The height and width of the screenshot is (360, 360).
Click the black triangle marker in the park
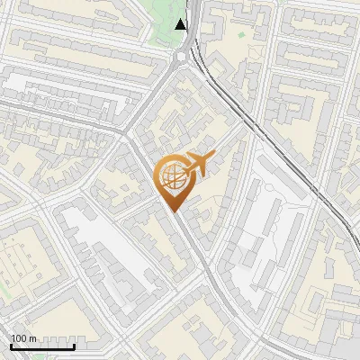(x=183, y=24)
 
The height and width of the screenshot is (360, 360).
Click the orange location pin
(x=174, y=181)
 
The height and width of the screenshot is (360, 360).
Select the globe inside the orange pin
(x=172, y=176)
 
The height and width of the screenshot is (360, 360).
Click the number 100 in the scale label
(x=19, y=338)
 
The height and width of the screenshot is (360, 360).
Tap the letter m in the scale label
(x=32, y=338)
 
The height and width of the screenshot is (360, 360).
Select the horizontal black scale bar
(x=41, y=346)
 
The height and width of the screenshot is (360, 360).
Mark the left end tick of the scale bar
(x=10, y=345)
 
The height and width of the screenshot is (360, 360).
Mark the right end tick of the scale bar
(x=74, y=345)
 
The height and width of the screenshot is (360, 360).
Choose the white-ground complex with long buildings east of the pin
(x=270, y=225)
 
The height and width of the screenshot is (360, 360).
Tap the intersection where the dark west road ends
(x=125, y=134)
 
